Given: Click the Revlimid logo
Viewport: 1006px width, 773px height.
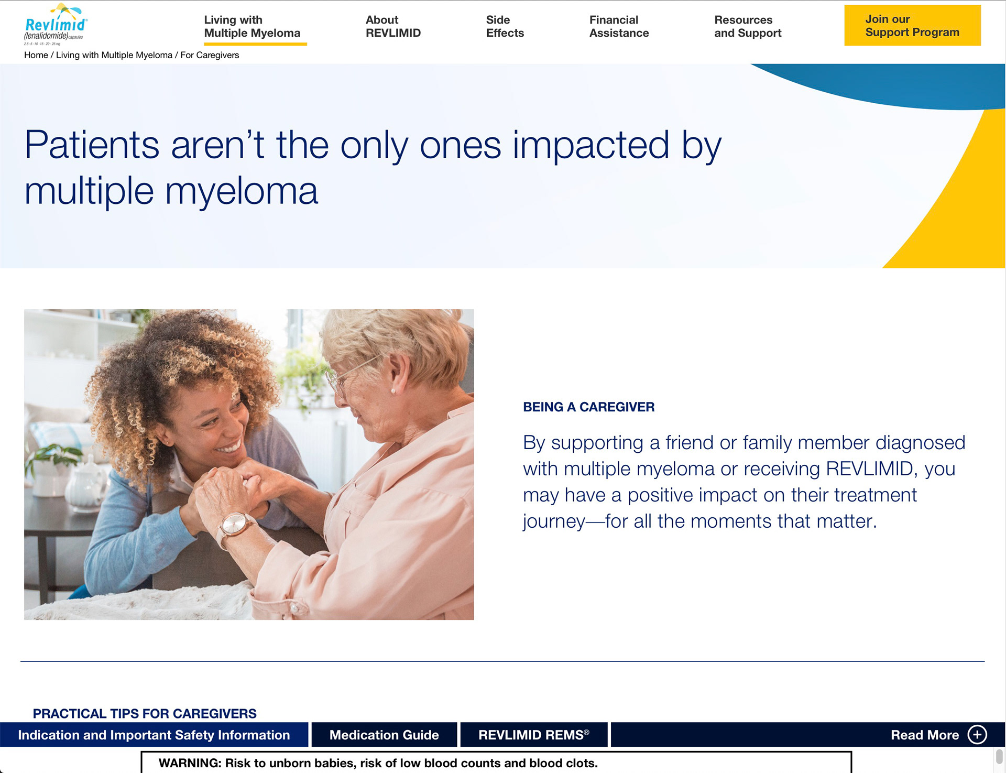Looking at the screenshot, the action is pos(56,25).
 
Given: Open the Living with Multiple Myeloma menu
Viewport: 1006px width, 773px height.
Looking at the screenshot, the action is pos(252,26).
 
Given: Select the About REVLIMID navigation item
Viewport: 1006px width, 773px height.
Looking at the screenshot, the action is pos(393,26).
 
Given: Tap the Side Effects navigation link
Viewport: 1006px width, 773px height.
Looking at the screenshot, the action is pos(505,26).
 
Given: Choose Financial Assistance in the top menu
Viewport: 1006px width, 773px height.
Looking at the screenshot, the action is pos(619,26).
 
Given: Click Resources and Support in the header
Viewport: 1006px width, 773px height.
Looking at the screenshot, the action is pos(748,26).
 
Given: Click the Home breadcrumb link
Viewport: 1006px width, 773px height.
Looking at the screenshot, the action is pos(36,55).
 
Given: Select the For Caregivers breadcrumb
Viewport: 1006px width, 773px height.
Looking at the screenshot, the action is pos(210,55).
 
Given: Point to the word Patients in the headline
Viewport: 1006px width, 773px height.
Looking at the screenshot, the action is pos(92,145).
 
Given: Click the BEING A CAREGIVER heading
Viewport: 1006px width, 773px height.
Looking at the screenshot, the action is pos(588,407).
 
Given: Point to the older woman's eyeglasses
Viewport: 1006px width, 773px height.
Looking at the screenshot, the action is pos(348,374).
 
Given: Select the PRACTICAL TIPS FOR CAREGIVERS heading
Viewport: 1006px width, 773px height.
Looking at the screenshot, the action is pos(145,713).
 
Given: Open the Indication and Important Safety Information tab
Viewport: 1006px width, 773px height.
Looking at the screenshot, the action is pos(154,735).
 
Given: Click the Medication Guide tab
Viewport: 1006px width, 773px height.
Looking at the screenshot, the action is pos(384,735).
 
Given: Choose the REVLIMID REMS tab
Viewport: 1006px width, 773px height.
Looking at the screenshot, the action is pos(534,735).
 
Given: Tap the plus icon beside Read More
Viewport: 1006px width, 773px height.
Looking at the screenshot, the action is pos(977,734).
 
